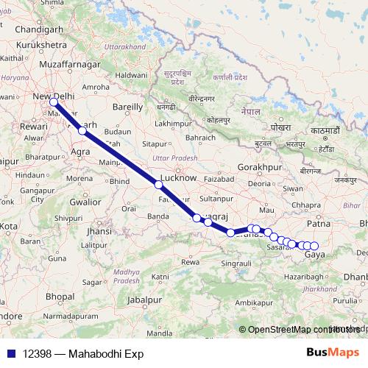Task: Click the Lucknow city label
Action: (x=178, y=178)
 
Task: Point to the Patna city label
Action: (x=317, y=222)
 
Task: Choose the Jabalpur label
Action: (x=144, y=301)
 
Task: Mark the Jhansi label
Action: (x=97, y=231)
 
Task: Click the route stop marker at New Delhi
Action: (x=54, y=103)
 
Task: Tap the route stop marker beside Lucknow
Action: (x=158, y=185)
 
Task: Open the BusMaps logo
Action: (x=332, y=353)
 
